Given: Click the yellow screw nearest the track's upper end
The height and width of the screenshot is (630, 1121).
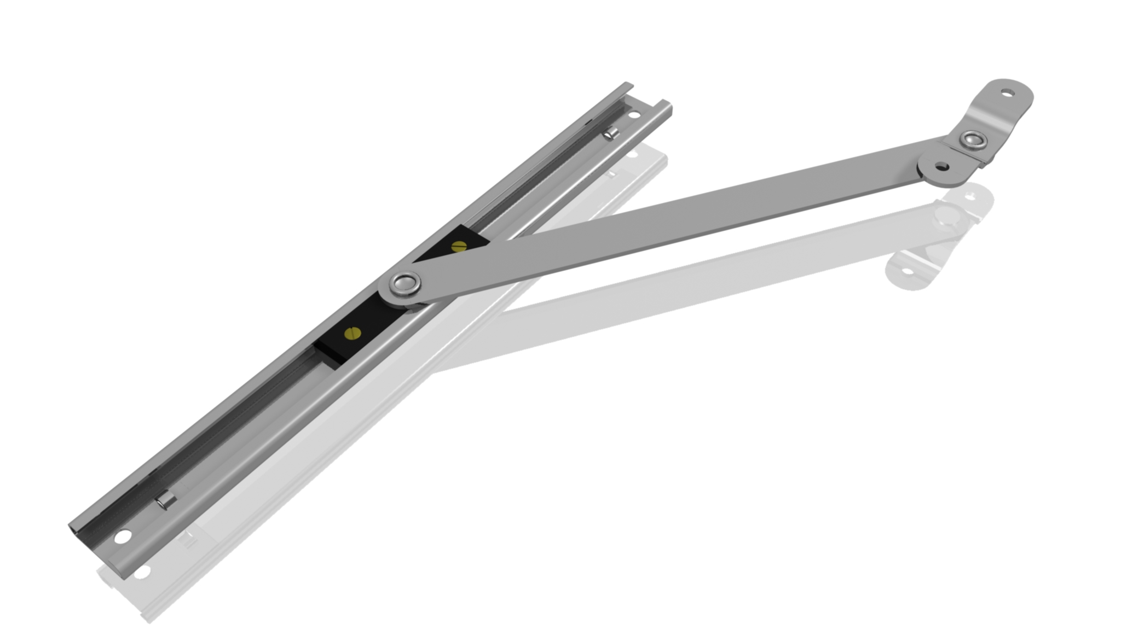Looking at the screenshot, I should pos(459,246).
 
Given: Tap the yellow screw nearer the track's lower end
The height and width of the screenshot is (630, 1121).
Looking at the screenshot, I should pos(353,332).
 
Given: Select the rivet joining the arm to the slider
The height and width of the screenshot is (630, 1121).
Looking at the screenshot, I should pos(406,284).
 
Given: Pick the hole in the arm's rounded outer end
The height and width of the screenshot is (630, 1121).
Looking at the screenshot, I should pos(941,165).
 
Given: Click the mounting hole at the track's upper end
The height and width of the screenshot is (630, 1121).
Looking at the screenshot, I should pos(634,115).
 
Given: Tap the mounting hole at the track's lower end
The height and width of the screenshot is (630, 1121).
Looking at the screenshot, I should pos(123,536).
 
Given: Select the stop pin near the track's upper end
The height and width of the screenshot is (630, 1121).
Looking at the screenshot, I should pos(611,133).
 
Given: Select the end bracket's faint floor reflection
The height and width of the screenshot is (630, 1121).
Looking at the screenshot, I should pos(931,241).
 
